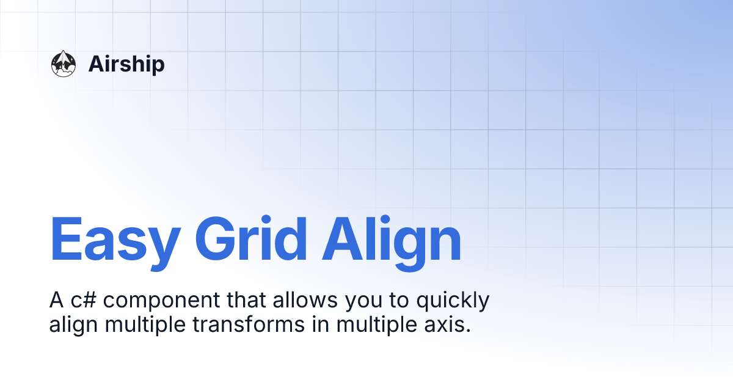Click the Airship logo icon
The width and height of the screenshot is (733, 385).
pos(63,64)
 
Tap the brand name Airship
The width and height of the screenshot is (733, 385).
pos(126,64)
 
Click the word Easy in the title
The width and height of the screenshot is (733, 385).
pos(114,240)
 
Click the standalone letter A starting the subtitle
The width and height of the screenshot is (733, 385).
pos(56,300)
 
